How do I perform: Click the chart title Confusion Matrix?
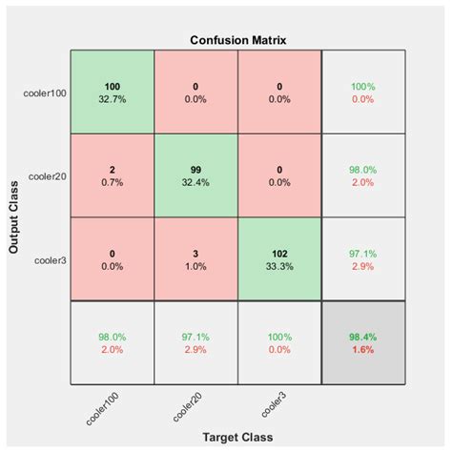tap(238, 41)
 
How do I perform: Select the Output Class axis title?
tap(15, 218)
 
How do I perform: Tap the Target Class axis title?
tap(237, 437)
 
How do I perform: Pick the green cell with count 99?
tap(195, 176)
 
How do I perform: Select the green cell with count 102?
tap(280, 259)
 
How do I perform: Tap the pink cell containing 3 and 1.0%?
tap(195, 259)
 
